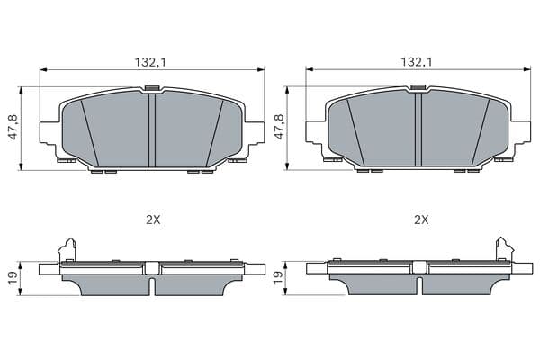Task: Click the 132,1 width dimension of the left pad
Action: click(150, 62)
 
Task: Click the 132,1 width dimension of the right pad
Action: click(417, 62)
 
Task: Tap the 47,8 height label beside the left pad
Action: click(13, 128)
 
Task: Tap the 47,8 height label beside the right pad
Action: click(279, 128)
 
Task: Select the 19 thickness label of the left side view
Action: click(13, 278)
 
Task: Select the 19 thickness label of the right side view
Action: click(277, 278)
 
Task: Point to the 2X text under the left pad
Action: click(153, 220)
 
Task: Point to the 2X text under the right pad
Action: click(421, 220)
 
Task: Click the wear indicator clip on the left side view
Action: click(67, 250)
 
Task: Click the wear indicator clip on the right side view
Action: click(505, 250)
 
